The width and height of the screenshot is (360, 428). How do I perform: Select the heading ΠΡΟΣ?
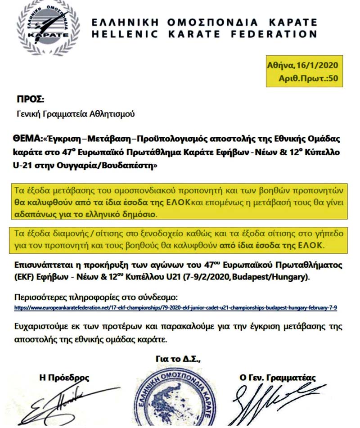tap(31, 100)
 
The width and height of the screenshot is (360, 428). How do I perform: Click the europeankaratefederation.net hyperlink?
tap(175, 308)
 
